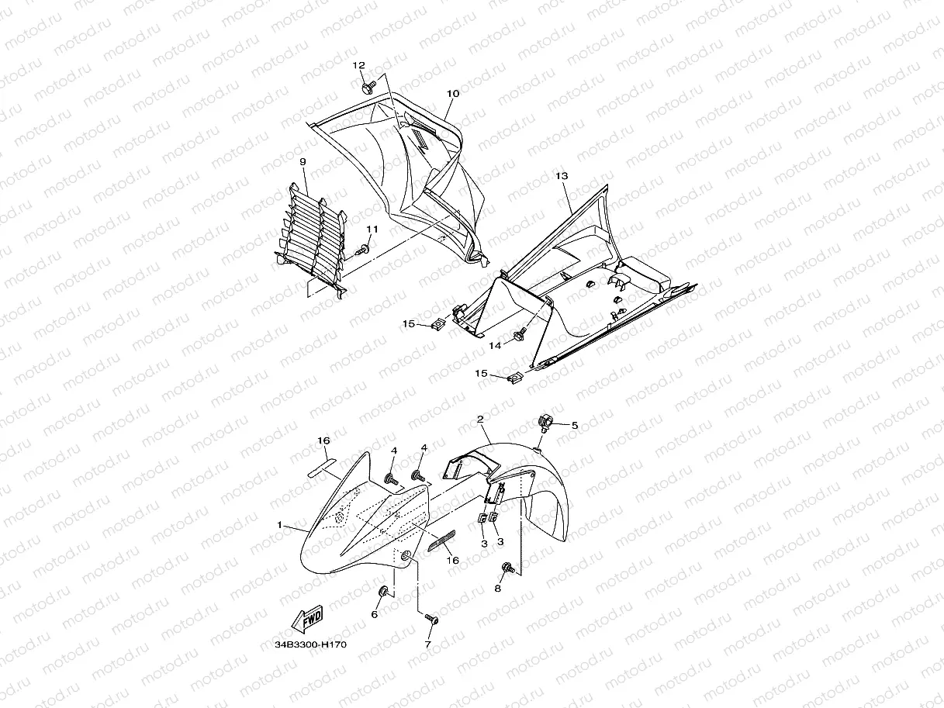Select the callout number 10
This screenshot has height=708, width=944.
[453, 94]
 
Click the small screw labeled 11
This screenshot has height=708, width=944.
[362, 250]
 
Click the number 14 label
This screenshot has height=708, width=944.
[495, 345]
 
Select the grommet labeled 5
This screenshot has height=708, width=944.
[547, 422]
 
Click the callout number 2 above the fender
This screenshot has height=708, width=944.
[481, 420]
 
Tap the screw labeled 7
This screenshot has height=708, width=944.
[432, 619]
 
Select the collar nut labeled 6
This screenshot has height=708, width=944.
[382, 592]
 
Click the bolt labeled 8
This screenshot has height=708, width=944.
[509, 568]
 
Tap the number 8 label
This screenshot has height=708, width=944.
[498, 589]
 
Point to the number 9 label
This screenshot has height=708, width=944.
[303, 162]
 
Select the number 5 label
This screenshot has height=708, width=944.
[575, 426]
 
